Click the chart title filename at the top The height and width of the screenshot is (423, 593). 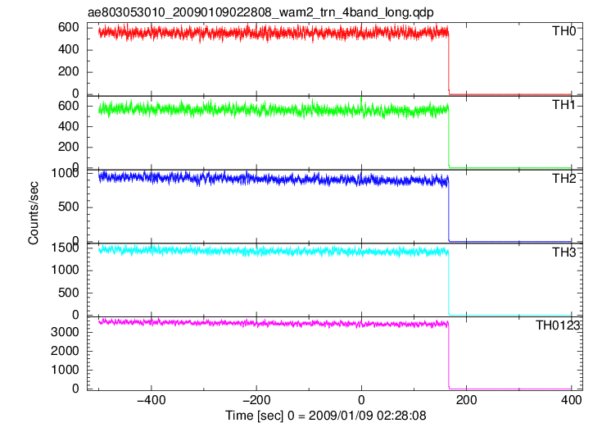coord(260,12)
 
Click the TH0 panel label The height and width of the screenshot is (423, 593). coord(564,30)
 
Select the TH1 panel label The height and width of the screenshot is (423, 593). coord(564,105)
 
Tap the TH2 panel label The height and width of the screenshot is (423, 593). coord(564,179)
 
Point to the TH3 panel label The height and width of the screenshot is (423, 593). coord(564,252)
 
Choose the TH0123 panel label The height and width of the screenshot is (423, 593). coord(558,325)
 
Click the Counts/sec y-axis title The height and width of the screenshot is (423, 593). coord(34,213)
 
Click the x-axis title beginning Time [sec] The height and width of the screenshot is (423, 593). coord(326,416)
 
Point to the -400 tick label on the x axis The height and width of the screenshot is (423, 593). coord(152,400)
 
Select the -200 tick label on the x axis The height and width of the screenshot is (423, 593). coord(256,400)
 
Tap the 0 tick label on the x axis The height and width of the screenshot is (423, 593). coord(361,400)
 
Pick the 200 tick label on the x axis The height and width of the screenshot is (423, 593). coord(467,400)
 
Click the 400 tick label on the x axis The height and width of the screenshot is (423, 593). coord(571,400)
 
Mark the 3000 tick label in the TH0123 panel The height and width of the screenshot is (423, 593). coord(65,332)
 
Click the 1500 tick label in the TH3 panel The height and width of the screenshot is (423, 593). coord(65,248)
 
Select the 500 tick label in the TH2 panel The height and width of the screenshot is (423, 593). coord(68,207)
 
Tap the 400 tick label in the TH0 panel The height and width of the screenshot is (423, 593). coord(68,49)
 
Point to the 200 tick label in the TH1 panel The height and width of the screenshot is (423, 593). coord(68,147)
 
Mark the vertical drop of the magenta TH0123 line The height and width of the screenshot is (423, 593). coord(449,357)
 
